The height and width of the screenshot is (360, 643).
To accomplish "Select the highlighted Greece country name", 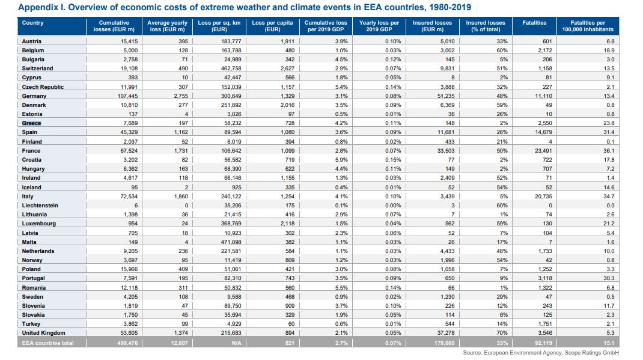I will coord(31,123).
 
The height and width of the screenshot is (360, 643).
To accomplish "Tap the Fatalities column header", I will coord(534,23).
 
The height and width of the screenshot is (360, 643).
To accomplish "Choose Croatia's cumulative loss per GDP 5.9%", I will coord(340,160).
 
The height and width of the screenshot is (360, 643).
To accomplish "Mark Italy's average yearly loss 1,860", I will coord(180,197).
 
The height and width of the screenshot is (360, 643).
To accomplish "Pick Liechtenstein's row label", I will coord(40,206).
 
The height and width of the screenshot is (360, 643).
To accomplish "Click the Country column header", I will coord(32,23).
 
